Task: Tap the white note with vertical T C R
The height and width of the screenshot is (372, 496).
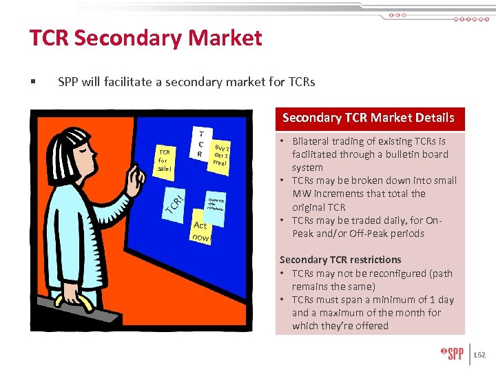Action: (200, 145)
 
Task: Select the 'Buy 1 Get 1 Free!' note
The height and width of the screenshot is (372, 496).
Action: (221, 155)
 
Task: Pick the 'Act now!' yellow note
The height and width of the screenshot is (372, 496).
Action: (202, 231)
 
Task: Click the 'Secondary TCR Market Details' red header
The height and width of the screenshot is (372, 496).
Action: (369, 118)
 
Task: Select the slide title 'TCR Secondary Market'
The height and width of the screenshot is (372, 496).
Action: (145, 38)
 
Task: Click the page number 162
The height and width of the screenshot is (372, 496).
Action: (479, 355)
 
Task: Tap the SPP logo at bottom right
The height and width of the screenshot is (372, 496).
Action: (452, 354)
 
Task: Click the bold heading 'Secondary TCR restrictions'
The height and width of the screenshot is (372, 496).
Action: (340, 260)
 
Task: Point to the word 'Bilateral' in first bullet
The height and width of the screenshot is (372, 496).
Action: (313, 141)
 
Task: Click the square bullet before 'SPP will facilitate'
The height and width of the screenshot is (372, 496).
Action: (32, 83)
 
